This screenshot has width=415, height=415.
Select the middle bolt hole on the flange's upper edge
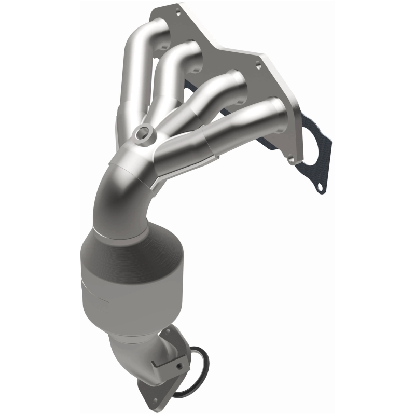pos(258,66)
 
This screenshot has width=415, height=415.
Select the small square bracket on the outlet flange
pos(179,366)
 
